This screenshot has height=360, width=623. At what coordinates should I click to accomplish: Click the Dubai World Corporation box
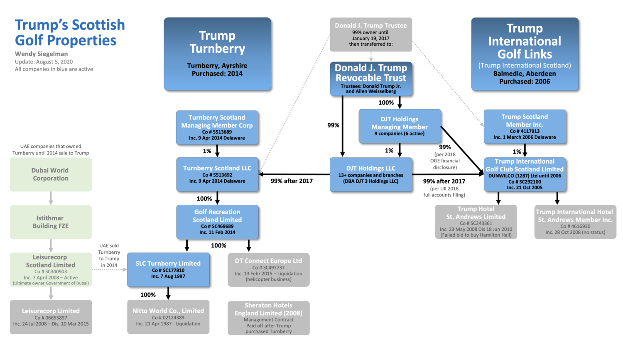51,174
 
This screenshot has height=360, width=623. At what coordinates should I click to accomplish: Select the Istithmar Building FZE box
51,222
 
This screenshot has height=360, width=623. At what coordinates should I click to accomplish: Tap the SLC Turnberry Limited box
168,270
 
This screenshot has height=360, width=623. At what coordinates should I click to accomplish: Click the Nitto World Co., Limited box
168,317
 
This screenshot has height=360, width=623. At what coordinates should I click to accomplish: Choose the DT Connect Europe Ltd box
268,270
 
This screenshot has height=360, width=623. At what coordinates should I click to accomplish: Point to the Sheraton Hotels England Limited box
268,318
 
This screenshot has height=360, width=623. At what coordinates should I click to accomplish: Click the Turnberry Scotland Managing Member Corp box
217,127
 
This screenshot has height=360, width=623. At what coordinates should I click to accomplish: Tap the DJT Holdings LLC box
371,174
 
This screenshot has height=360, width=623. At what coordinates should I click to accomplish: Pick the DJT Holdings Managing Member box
400,126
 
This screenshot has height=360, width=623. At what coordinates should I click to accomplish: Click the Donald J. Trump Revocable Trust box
371,78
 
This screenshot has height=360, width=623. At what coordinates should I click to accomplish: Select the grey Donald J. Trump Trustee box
371,34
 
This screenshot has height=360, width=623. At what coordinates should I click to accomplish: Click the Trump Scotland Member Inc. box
525,127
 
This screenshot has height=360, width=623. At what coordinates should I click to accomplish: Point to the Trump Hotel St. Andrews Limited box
476,222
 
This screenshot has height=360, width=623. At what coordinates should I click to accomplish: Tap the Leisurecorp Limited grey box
51,317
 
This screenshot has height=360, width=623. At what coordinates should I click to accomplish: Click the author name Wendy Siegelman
42,54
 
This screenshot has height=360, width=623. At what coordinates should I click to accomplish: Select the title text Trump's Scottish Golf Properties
70,32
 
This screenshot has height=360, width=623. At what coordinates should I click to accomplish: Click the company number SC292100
525,182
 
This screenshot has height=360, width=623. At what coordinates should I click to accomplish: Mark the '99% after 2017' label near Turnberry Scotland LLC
292,181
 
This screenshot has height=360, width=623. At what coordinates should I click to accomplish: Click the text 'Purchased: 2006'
525,82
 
